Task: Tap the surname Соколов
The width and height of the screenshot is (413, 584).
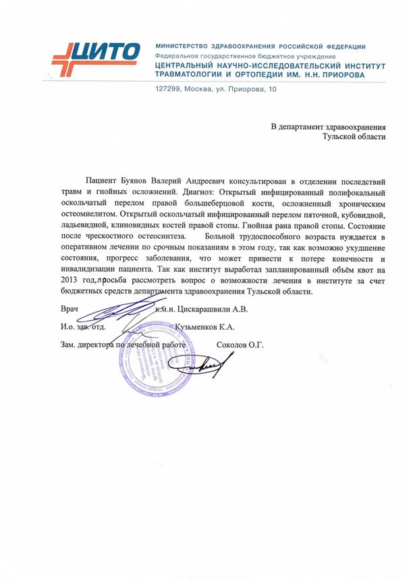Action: (231, 345)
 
